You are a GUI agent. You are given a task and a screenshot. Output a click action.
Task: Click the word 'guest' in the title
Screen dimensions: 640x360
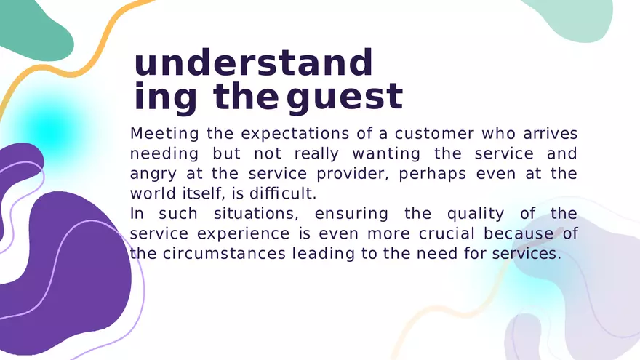coord(345,97)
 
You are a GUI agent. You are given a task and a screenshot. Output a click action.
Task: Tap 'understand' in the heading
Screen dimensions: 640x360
coord(253,63)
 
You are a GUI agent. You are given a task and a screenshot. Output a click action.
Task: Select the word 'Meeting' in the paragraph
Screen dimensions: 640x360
coord(164,135)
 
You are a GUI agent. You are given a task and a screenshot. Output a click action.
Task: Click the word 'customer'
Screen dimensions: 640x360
coord(435,134)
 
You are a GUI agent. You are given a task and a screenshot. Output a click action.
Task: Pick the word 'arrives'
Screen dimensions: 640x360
coord(551,134)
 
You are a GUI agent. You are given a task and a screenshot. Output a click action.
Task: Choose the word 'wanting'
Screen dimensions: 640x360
coord(386,154)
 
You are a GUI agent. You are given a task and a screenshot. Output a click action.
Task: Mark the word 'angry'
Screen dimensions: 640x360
coord(153,175)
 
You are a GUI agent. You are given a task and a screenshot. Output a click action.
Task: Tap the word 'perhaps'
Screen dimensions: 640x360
coord(432,175)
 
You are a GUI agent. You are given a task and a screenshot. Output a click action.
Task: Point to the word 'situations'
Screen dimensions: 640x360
coord(256,214)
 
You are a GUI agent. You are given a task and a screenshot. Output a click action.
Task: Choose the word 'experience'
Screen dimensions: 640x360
coord(243,234)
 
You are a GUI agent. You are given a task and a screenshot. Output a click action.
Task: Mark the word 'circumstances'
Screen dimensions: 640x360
coord(224,254)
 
